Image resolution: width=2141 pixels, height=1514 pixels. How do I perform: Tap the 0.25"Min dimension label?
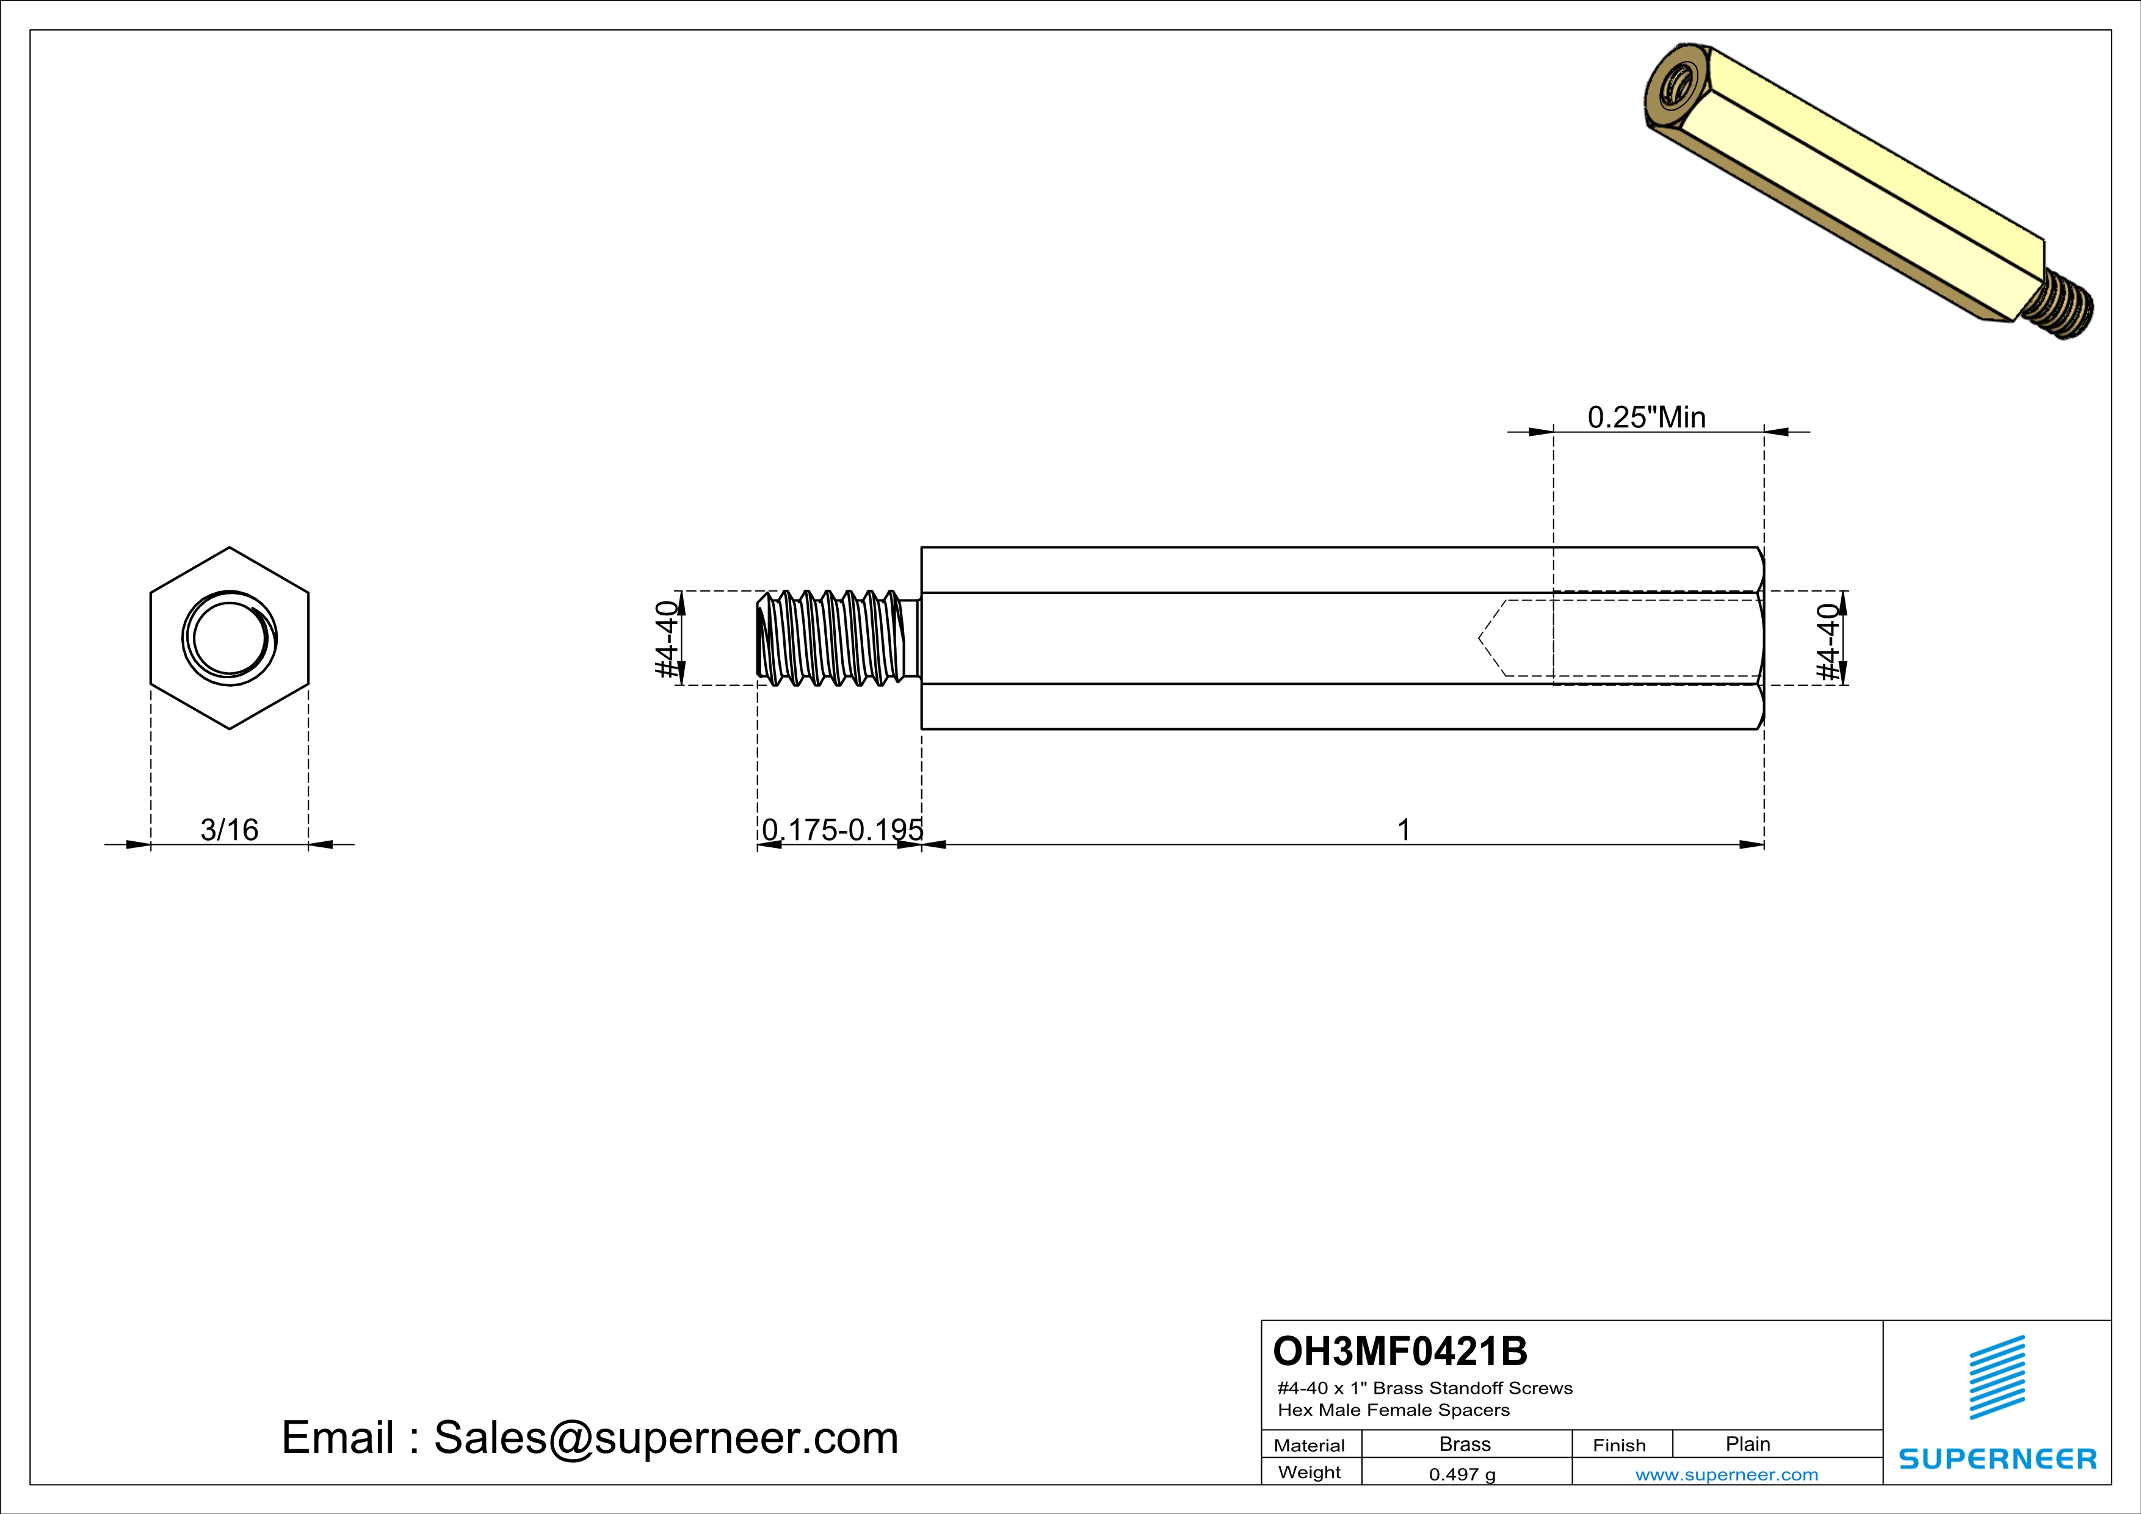click(1646, 417)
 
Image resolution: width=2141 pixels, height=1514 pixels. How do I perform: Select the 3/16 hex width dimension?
click(230, 829)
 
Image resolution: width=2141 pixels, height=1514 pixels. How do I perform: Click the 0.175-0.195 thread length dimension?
click(842, 829)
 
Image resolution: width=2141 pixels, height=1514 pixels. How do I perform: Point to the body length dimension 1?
click(1404, 829)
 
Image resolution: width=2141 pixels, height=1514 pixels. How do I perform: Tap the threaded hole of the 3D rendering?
click(1676, 92)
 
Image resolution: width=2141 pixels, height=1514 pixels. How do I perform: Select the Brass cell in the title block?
click(1465, 1444)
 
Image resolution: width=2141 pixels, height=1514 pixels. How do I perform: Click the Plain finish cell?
click(1747, 1444)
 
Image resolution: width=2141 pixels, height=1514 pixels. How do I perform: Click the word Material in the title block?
click(1310, 1445)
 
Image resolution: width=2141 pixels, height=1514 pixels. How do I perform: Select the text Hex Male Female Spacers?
click(1393, 1410)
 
